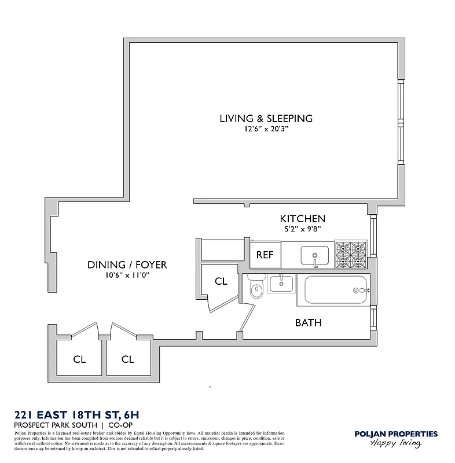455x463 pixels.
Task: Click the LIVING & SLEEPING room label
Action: [266, 118]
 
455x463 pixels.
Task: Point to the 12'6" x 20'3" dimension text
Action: [266, 130]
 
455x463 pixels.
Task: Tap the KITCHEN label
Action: [302, 219]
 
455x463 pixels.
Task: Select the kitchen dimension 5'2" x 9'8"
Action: [302, 229]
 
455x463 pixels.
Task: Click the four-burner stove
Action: [351, 255]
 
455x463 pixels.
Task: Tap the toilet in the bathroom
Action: [255, 288]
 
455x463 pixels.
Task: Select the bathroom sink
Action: [281, 284]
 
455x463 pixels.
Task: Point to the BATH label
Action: [308, 322]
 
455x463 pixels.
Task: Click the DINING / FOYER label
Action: [127, 265]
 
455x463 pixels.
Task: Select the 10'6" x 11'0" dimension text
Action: [127, 276]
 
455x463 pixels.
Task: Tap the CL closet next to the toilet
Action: [221, 281]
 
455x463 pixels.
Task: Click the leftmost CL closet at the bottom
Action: [79, 359]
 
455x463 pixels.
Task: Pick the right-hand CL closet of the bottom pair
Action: [127, 359]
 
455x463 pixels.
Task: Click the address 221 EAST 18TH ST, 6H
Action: [76, 414]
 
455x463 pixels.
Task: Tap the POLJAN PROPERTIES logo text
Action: [395, 433]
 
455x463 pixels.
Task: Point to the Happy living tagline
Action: [397, 443]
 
